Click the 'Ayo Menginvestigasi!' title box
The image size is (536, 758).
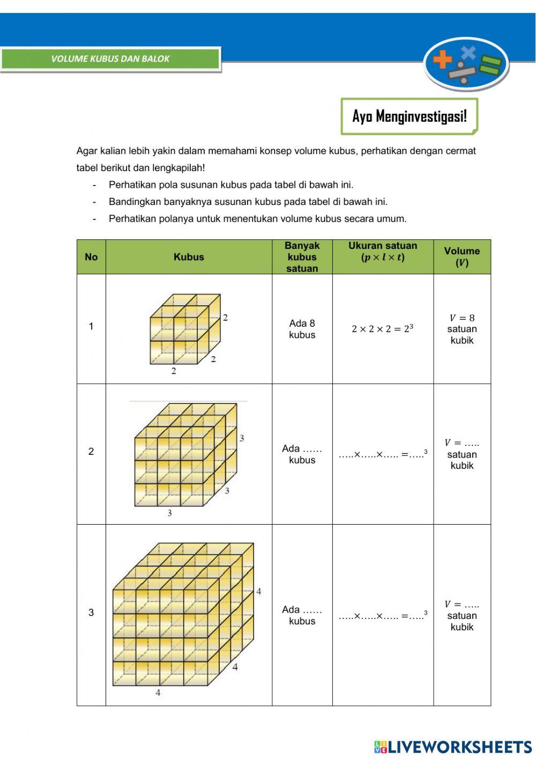tap(409, 116)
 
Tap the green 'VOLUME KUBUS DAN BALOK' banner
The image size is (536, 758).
tap(110, 59)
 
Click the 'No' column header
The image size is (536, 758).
tap(91, 257)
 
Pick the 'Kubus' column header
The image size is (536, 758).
tap(189, 257)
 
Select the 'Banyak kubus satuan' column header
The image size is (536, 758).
tap(302, 257)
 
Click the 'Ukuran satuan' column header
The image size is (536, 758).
tap(383, 252)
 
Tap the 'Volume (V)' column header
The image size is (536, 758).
tap(461, 257)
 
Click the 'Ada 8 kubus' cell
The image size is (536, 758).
tap(302, 329)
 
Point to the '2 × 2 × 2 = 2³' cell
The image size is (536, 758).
tap(383, 329)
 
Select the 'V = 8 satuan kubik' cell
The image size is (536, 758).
tap(461, 329)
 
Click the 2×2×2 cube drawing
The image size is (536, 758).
tap(185, 330)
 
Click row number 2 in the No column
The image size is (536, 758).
tap(91, 452)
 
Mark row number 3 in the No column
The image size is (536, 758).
tap(91, 613)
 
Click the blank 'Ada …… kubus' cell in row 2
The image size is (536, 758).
tap(302, 454)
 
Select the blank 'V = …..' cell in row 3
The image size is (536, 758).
tap(461, 615)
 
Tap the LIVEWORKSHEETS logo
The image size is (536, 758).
tap(453, 747)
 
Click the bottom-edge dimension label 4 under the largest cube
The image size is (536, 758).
tap(158, 693)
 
